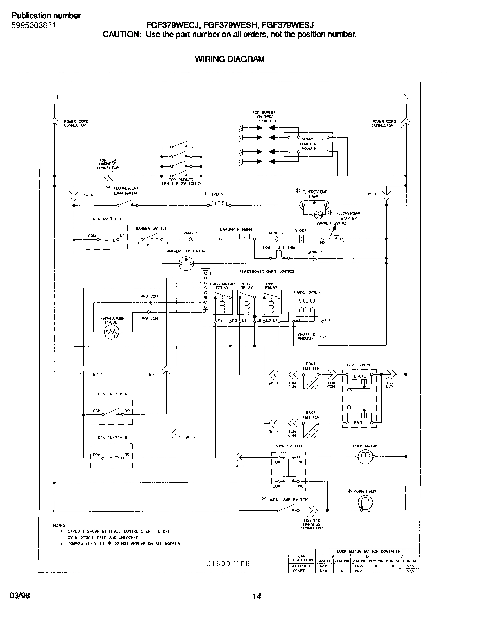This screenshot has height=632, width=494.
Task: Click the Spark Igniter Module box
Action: [308, 144]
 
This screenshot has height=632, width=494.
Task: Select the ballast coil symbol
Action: [219, 203]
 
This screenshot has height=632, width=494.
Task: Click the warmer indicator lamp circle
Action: [186, 263]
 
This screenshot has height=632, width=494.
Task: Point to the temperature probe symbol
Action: [112, 333]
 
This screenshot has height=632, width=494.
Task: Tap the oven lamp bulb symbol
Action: [365, 503]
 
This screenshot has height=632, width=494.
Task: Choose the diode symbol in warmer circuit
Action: [301, 239]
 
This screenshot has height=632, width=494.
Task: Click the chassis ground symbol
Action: [323, 337]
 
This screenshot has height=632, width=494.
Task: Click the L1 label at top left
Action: [54, 97]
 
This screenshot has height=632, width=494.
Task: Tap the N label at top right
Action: [406, 97]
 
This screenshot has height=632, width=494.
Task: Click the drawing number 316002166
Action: [228, 564]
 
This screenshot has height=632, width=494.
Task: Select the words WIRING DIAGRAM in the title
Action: [230, 59]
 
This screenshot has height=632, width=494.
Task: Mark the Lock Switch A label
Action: [111, 394]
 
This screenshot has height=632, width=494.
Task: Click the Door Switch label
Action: [288, 446]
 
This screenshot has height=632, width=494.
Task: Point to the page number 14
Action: [257, 596]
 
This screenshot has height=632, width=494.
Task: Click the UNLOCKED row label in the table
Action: [300, 566]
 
